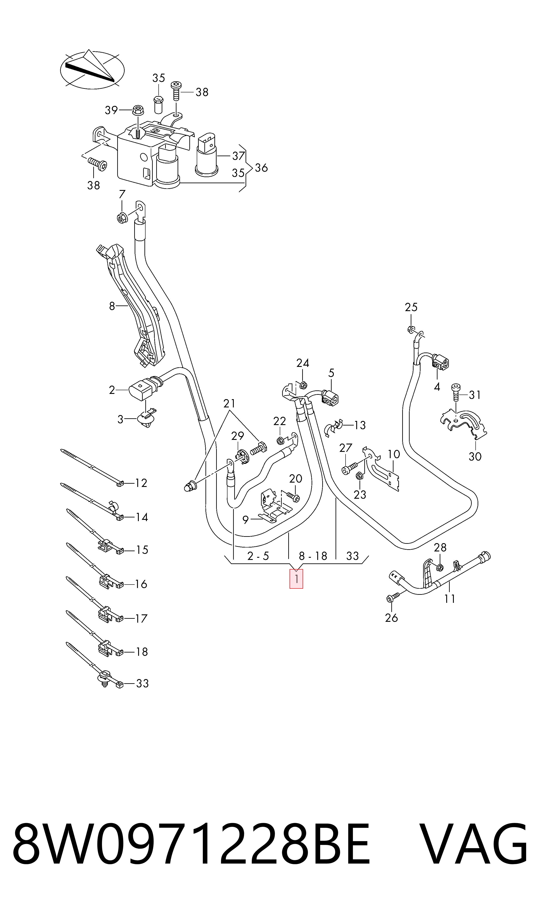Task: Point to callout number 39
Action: click(111, 110)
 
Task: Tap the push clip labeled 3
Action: click(146, 419)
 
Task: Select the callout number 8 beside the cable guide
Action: click(112, 306)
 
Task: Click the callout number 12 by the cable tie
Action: click(141, 483)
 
